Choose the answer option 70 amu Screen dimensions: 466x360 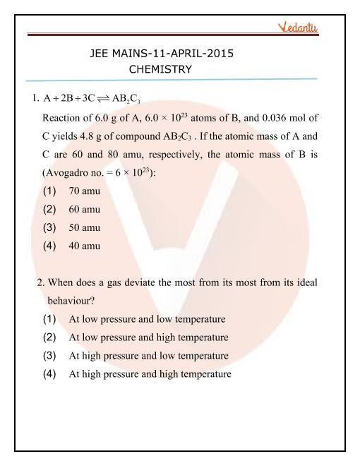(84, 191)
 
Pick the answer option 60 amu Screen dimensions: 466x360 (84, 209)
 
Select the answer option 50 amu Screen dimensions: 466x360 (84, 227)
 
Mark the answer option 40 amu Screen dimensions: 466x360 (84, 246)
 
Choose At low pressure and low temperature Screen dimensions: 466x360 (147, 319)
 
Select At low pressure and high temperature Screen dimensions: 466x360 (148, 337)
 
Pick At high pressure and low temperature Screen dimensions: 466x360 (148, 356)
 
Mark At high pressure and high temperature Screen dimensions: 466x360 (150, 374)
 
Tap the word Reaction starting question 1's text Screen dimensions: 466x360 (64, 117)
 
